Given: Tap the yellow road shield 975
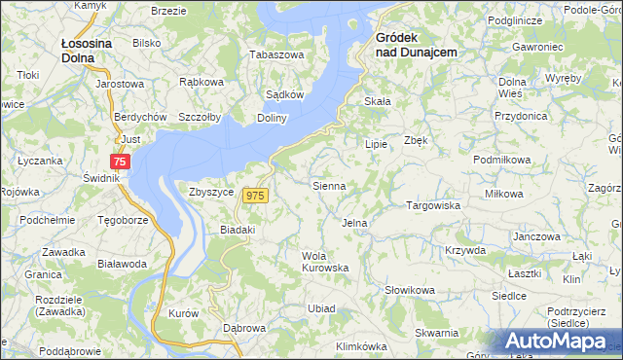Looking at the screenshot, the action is coord(255,196).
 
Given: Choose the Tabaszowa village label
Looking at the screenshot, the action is coord(277,54).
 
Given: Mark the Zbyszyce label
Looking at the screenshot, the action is coord(211,192).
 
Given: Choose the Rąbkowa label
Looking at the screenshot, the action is coord(202,82).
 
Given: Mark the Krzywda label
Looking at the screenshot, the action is coord(465,250).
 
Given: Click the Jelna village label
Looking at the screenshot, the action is coord(354,223).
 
